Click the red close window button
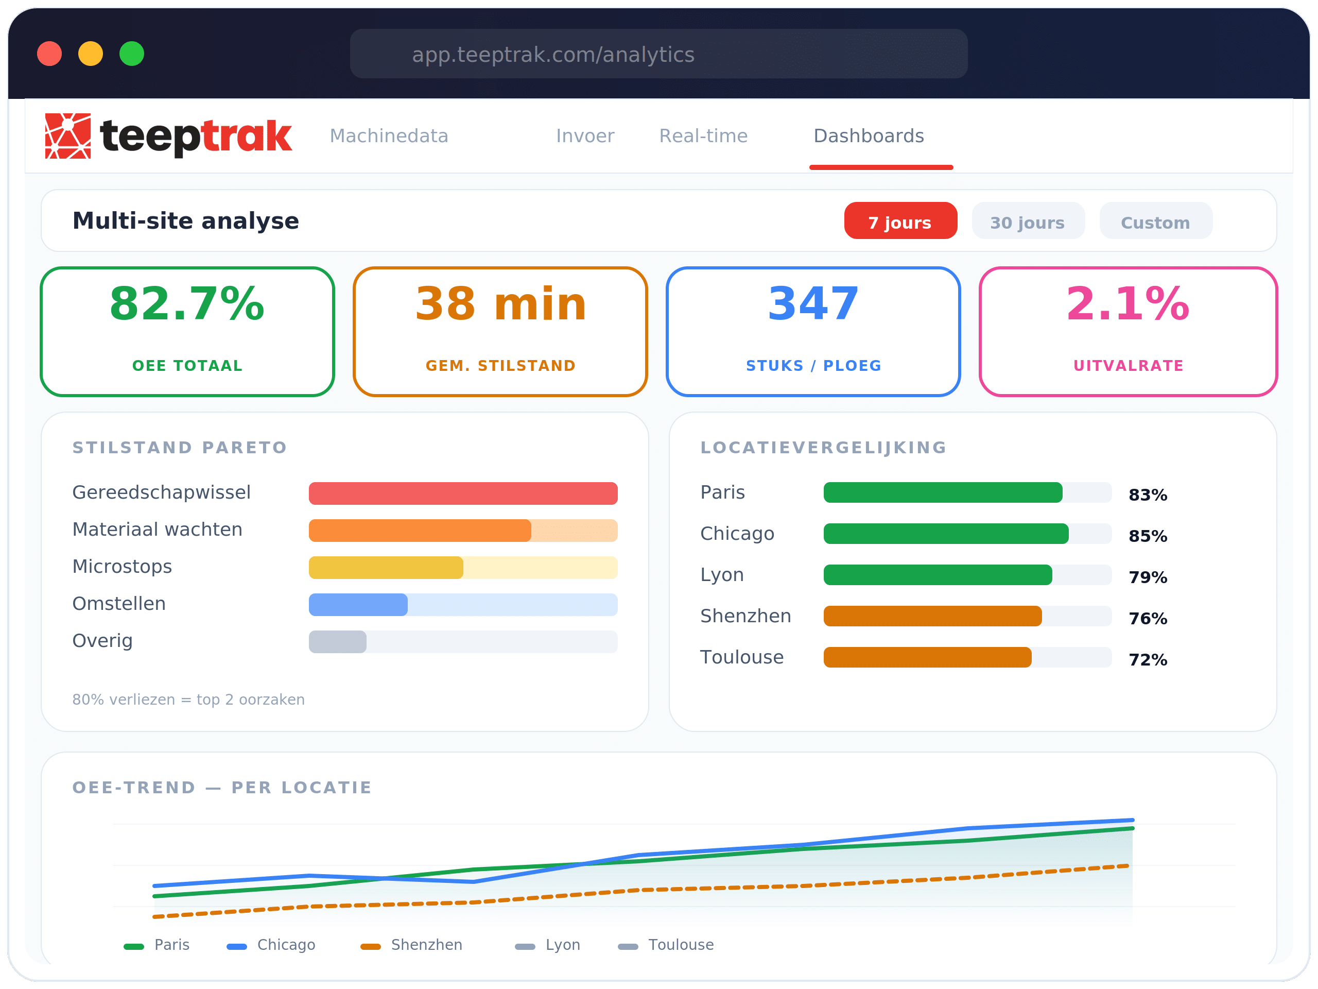49,54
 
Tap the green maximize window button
132,54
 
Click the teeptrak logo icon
68,136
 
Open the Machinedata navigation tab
389,136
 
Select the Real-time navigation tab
703,136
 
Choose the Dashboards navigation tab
869,136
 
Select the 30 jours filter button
1027,222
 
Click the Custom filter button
1155,222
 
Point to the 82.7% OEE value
187,304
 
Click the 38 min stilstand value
500,304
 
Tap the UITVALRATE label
1128,365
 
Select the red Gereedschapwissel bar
463,493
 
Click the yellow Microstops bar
386,568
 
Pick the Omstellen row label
119,603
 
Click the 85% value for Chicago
1148,536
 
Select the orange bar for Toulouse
927,657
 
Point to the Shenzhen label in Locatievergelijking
745,616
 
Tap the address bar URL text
553,55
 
